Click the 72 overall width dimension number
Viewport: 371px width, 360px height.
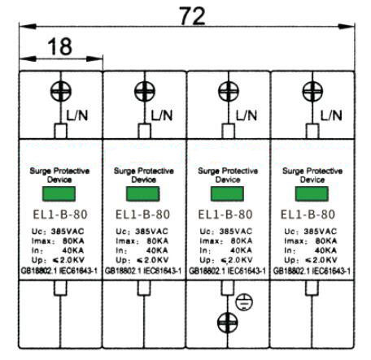pyautogui.click(x=192, y=15)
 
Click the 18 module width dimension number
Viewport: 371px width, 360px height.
pyautogui.click(x=60, y=46)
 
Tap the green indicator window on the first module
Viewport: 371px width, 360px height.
pyautogui.click(x=59, y=193)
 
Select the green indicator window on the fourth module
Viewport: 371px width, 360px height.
pyautogui.click(x=312, y=193)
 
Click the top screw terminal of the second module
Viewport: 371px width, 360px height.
pyautogui.click(x=145, y=91)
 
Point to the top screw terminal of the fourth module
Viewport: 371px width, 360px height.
pyautogui.click(x=312, y=91)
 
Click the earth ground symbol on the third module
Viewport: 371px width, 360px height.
pyautogui.click(x=244, y=301)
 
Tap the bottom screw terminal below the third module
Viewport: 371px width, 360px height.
pyautogui.click(x=228, y=323)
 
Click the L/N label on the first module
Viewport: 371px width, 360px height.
pyautogui.click(x=77, y=115)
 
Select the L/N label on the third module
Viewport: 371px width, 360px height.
pyautogui.click(x=247, y=115)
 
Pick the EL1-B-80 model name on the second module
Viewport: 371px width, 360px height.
pyautogui.click(x=142, y=215)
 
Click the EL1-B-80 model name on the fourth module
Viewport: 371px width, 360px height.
pyautogui.click(x=308, y=215)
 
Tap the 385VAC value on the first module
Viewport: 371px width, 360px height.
pyautogui.click(x=68, y=232)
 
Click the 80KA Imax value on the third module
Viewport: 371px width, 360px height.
pyautogui.click(x=242, y=241)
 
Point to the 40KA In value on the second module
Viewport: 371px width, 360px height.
pyautogui.click(x=157, y=250)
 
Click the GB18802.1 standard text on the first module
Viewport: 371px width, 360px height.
pyautogui.click(x=39, y=271)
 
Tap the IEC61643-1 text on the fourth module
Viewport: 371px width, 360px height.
pyautogui.click(x=331, y=271)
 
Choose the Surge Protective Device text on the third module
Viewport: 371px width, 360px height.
pyautogui.click(x=228, y=175)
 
